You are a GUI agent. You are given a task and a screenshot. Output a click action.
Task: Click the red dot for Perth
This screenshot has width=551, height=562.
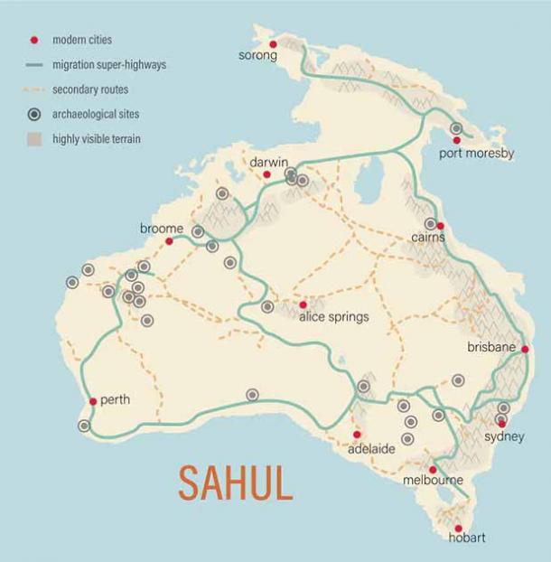coord(93,402)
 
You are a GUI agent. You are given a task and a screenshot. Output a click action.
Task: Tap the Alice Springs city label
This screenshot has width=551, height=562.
coord(334,317)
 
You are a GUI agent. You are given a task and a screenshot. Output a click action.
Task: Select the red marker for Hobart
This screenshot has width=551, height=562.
coord(458,529)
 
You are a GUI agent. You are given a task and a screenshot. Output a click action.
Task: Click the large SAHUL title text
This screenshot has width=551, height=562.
coord(236,483)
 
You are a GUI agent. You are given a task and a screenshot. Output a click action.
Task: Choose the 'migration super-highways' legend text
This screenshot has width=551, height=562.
coord(109,64)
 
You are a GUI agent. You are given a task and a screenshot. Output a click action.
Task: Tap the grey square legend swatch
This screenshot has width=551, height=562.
coord(34,138)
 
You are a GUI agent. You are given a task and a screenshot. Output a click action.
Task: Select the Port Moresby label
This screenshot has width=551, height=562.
coord(476,154)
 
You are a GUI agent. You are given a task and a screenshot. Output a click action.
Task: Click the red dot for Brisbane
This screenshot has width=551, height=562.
coord(525,349)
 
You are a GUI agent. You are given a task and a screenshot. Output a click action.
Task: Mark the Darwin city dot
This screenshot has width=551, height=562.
coord(266,174)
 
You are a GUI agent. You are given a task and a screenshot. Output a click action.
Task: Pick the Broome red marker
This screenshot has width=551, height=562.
coord(169,241)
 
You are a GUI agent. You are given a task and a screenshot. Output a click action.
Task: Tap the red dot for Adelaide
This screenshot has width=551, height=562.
coord(357,435)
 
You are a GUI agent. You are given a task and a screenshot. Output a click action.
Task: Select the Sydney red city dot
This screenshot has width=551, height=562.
coord(502,423)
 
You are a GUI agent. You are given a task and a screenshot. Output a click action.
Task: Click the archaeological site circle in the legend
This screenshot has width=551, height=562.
coord(34,114)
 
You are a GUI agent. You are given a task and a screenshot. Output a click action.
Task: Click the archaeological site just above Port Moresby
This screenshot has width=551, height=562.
coord(457,129)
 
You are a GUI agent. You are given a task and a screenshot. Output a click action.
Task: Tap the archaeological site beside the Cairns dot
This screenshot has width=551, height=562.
coord(430,224)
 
